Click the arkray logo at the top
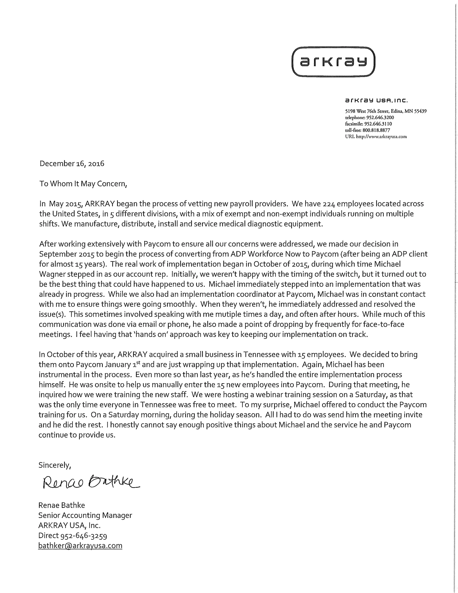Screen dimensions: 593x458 pyautogui.click(x=333, y=62)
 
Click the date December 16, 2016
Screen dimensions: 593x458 pyautogui.click(x=72, y=163)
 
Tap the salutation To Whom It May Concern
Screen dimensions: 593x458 pyautogui.click(x=83, y=184)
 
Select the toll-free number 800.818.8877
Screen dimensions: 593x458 pyautogui.click(x=376, y=130)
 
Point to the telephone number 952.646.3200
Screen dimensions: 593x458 pyautogui.click(x=380, y=117)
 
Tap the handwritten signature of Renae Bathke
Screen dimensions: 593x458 pyautogui.click(x=91, y=482)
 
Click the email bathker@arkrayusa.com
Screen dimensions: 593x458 pyautogui.click(x=80, y=546)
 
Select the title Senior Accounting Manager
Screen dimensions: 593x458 pyautogui.click(x=85, y=515)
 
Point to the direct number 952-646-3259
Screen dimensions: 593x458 pyautogui.click(x=84, y=536)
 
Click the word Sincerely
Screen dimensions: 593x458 pyautogui.click(x=55, y=465)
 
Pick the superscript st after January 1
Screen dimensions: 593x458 pyautogui.click(x=138, y=363)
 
